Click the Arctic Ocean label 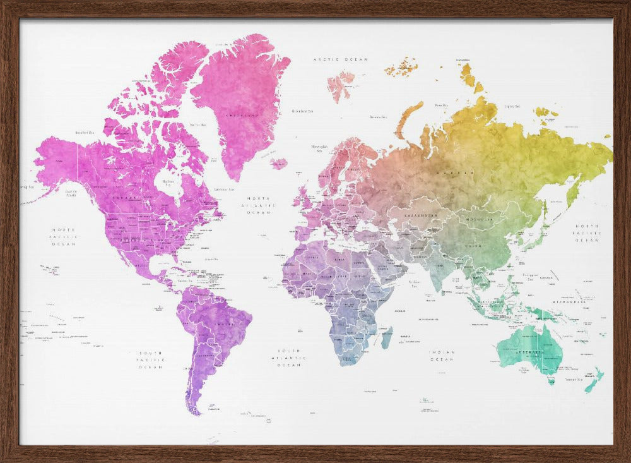click(340, 59)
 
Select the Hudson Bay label click(168, 183)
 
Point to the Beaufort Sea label click(85, 133)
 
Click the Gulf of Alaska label click(71, 193)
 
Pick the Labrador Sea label click(224, 189)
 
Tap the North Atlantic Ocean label click(259, 205)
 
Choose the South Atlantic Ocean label click(289, 358)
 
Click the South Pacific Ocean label click(151, 359)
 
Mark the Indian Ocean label click(442, 356)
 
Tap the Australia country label click(530, 352)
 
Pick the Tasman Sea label click(574, 380)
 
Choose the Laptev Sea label click(512, 107)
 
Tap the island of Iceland click(279, 163)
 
